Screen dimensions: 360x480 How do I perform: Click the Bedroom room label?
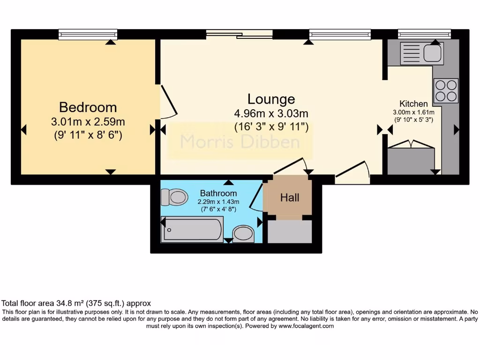coord(88,107)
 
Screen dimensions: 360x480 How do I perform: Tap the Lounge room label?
coord(271,99)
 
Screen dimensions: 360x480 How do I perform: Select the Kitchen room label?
coord(413,104)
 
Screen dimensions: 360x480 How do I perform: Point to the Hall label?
coord(289,198)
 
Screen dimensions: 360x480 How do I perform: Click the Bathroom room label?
coord(218,193)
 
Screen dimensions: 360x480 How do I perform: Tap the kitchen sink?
coord(422,53)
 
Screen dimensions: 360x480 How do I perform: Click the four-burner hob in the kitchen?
coord(446,90)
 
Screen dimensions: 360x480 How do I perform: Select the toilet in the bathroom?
coord(173,197)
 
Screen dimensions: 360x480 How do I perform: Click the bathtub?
coord(192,229)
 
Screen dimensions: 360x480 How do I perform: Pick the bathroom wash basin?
coord(244,233)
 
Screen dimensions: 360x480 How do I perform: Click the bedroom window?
coord(88,34)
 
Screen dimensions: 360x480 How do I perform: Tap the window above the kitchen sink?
coord(424,34)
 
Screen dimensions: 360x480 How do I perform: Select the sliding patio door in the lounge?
coord(239,34)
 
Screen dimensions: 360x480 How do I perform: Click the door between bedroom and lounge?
coord(168,101)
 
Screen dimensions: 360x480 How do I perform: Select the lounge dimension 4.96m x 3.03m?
coord(271,114)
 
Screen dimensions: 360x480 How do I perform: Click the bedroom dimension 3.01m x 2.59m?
coord(88,122)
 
